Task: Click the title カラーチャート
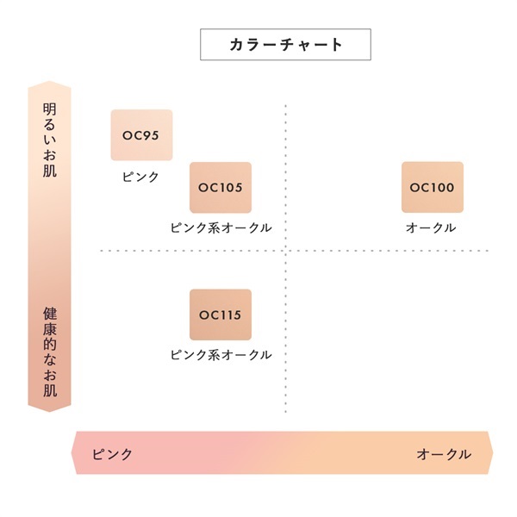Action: (285, 45)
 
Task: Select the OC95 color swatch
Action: (141, 135)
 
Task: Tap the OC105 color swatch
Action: (221, 187)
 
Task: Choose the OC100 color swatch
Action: (432, 187)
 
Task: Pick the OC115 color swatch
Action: (221, 315)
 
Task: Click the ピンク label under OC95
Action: (140, 177)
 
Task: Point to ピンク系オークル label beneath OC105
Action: (221, 227)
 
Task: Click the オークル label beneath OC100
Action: (431, 227)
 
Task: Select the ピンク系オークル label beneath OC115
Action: (221, 354)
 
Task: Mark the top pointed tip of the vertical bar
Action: (50, 82)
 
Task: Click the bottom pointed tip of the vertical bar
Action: (50, 411)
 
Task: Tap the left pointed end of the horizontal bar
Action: (72, 453)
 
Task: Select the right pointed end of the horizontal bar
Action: (492, 453)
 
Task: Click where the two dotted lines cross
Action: (285, 251)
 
